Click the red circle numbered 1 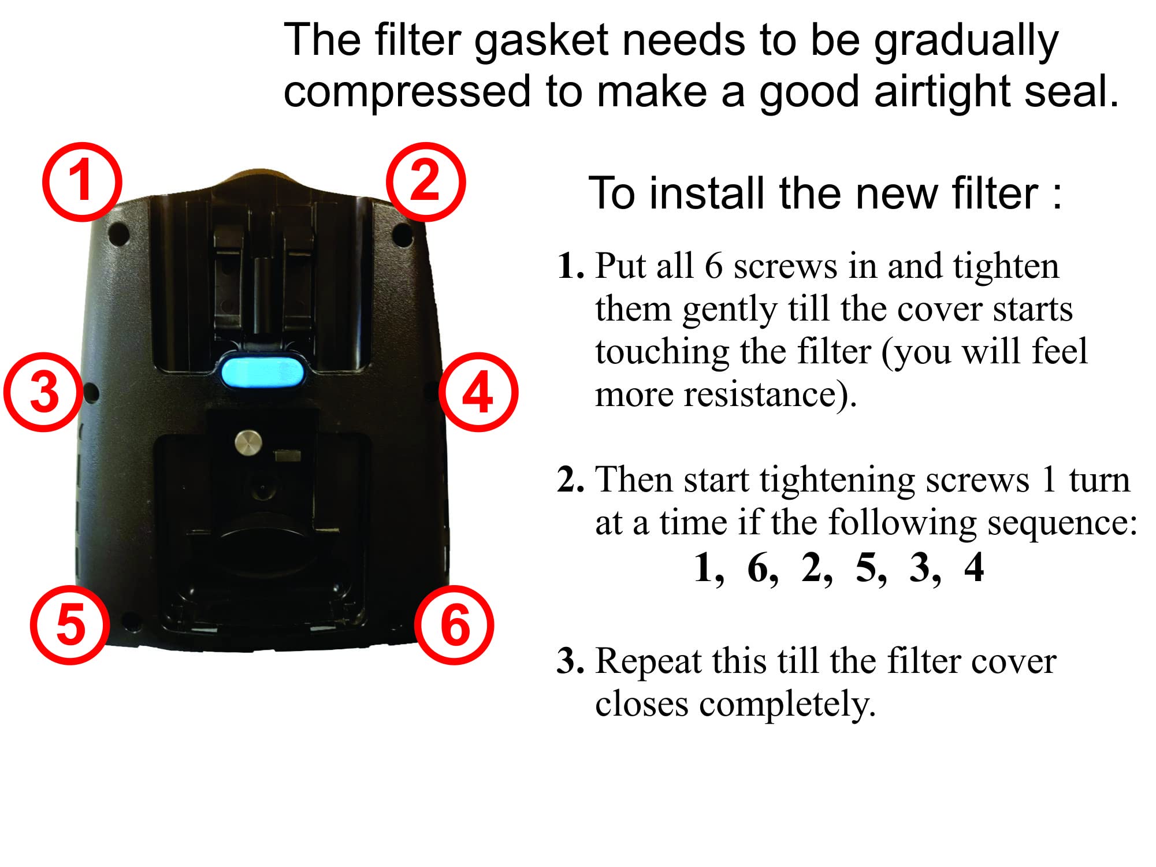point(82,181)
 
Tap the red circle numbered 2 point(425,181)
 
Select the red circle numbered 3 point(44,393)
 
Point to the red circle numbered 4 point(478,393)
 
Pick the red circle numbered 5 point(70,625)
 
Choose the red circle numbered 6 point(455,625)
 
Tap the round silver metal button point(248,444)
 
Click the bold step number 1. point(570,267)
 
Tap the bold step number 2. point(570,481)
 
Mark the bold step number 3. point(570,662)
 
